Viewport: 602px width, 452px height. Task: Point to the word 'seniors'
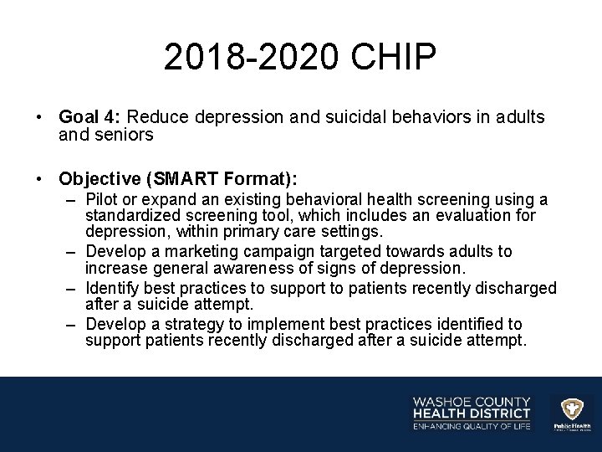(125, 134)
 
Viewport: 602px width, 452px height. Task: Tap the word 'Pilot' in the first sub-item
(105, 200)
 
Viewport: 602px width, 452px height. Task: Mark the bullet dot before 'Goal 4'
(40, 118)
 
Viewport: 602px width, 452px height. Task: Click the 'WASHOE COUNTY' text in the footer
(471, 400)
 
